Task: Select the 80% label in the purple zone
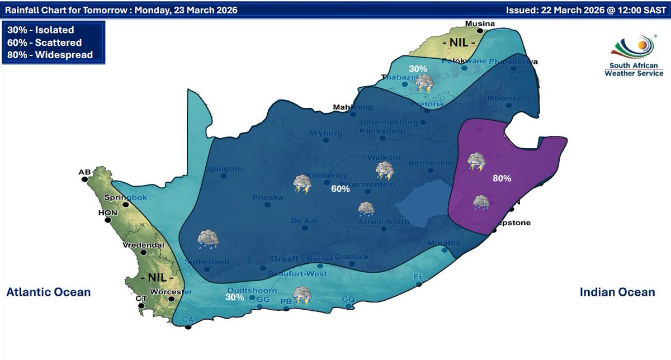[x=502, y=178]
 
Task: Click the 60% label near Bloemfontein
[x=340, y=190]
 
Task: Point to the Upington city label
[x=224, y=169]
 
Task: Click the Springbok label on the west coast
[x=116, y=197]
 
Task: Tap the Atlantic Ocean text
[x=49, y=292]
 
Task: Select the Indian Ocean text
[x=617, y=292]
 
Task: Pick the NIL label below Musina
[x=459, y=43]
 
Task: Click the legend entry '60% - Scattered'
[x=45, y=42]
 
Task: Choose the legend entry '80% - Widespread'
[x=50, y=55]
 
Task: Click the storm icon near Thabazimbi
[x=424, y=83]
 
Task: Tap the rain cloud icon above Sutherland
[x=207, y=239]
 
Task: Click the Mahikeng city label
[x=352, y=107]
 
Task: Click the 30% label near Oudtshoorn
[x=235, y=297]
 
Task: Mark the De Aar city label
[x=305, y=221]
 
